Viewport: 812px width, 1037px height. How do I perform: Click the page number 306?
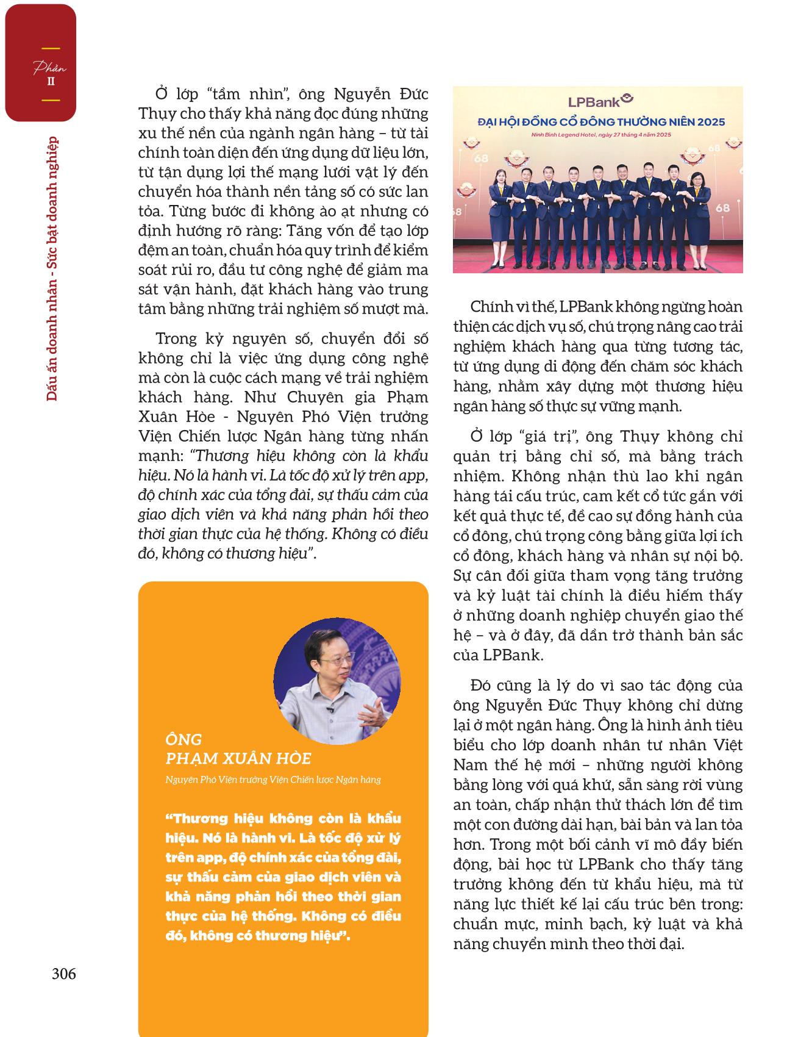(64, 974)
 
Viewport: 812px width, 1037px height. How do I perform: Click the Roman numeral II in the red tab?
(51, 81)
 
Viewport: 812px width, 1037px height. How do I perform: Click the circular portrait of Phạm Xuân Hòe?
(337, 681)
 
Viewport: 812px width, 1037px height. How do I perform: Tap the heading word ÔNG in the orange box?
(183, 739)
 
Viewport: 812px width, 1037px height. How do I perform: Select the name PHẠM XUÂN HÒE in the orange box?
(238, 758)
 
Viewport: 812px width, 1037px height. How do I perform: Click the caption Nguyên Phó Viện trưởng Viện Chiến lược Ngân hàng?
(273, 779)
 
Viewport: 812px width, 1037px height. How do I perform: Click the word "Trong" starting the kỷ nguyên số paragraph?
(176, 339)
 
